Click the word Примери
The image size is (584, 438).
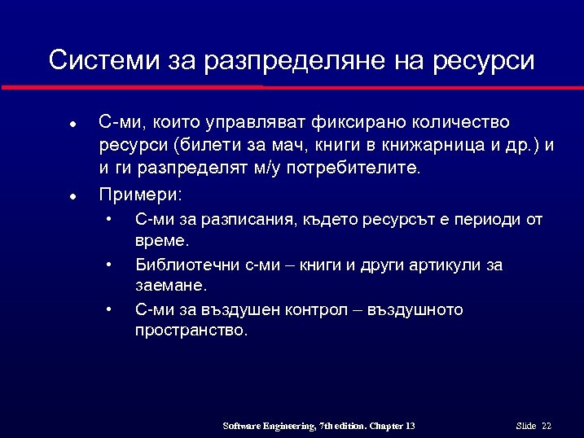point(140,195)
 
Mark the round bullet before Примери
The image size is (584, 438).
point(72,197)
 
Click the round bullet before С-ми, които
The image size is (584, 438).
point(72,125)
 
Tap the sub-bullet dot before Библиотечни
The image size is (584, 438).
point(108,265)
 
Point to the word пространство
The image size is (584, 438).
point(190,331)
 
